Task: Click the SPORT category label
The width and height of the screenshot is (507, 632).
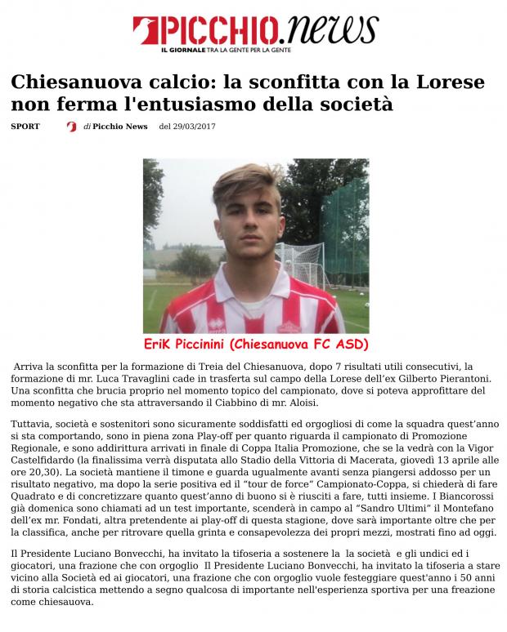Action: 25,127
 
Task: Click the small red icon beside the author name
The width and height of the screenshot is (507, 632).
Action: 72,127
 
